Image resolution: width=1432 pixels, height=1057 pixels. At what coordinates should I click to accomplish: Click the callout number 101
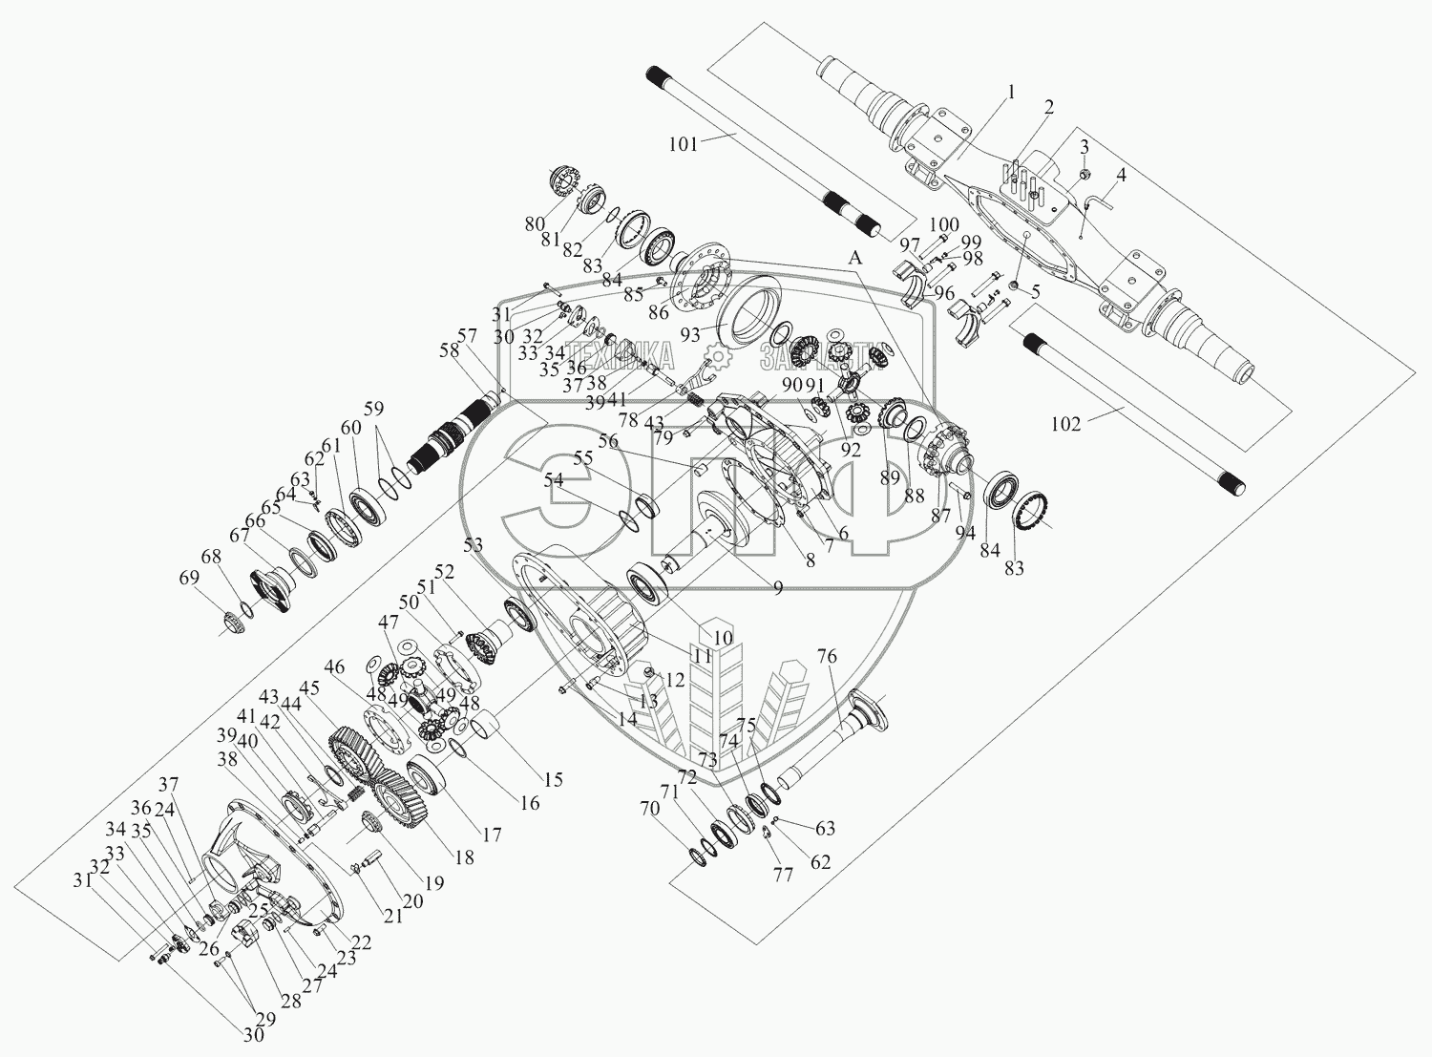[x=684, y=144]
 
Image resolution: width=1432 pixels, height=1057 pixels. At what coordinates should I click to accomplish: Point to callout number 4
[x=1121, y=176]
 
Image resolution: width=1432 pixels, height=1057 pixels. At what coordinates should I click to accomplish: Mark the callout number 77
[x=783, y=874]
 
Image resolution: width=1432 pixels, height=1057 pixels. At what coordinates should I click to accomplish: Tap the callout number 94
[x=965, y=532]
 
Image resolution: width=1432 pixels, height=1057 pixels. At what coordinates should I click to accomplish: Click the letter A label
[x=855, y=258]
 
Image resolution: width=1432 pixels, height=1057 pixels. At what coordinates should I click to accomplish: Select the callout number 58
[x=448, y=349]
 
